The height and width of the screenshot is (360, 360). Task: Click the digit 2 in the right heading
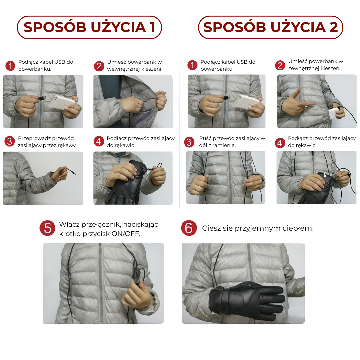click(x=334, y=27)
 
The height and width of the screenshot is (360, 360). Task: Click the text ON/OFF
click(x=126, y=233)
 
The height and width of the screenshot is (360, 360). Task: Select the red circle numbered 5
click(x=47, y=228)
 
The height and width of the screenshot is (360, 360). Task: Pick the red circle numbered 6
click(x=189, y=228)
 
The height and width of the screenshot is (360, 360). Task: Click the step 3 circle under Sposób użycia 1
click(x=10, y=141)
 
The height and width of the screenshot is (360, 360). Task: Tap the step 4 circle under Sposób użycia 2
click(x=280, y=143)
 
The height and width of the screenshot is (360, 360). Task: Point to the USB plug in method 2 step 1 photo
click(x=226, y=97)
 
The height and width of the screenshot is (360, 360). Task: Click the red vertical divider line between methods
click(x=180, y=133)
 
